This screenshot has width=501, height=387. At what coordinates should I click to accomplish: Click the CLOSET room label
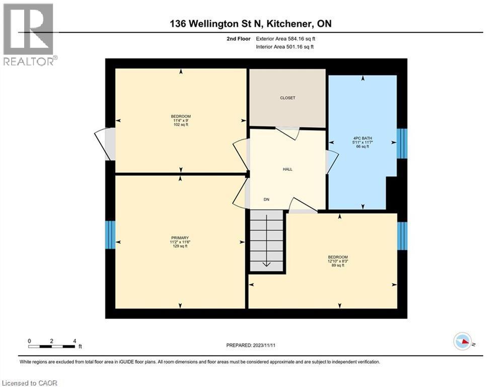[x=288, y=98]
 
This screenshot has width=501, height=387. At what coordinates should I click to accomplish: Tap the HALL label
[x=288, y=169]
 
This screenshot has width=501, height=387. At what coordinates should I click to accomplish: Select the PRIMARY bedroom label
[x=180, y=238]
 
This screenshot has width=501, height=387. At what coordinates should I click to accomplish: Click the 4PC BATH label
[x=363, y=138]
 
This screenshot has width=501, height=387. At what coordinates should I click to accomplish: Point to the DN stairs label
[x=266, y=200]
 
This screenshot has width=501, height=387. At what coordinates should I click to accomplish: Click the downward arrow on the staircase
[x=266, y=240]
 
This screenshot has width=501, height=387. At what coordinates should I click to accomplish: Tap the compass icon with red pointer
[x=463, y=341]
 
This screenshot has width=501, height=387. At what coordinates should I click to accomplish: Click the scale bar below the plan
[x=52, y=346]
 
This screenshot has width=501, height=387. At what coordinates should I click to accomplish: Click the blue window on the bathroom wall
[x=402, y=144]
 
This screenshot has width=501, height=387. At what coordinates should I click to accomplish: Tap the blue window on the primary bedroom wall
[x=110, y=235]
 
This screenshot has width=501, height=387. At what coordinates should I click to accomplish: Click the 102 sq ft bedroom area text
[x=181, y=125]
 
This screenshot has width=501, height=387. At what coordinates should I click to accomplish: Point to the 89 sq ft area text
[x=338, y=265]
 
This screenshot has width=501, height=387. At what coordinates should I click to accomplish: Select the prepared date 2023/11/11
[x=264, y=345]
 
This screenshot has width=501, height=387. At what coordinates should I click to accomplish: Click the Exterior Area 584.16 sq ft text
[x=285, y=39]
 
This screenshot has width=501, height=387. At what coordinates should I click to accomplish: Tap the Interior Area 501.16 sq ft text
[x=284, y=47]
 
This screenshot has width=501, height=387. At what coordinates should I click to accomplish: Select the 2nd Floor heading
[x=239, y=39]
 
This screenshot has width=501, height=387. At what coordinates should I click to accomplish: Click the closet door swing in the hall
[x=288, y=133]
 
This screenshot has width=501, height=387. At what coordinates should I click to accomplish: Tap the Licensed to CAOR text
[x=30, y=383]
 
